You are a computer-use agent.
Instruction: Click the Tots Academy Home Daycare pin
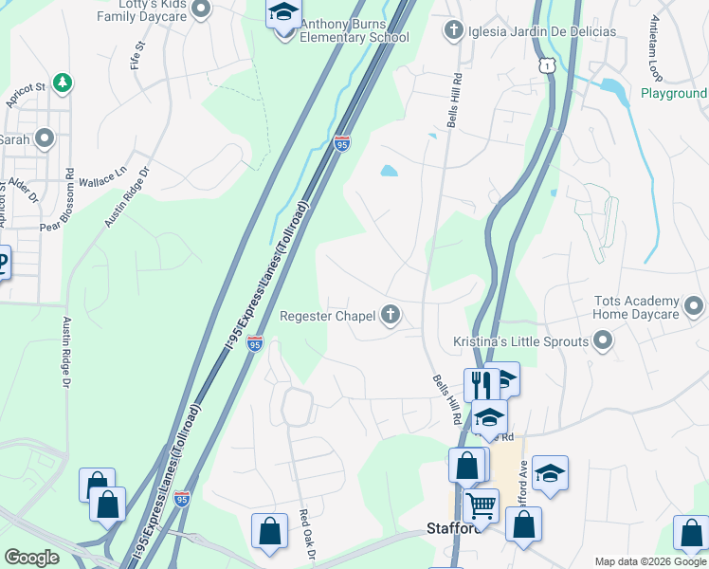[694, 306]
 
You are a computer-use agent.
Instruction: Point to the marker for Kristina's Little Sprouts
[601, 341]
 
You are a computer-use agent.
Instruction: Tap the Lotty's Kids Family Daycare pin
[200, 9]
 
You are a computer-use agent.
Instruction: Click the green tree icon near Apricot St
[63, 83]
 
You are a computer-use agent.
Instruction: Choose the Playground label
[673, 94]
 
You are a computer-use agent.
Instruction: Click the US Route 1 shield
[547, 63]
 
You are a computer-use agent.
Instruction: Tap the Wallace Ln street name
[101, 177]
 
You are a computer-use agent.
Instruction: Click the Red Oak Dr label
[305, 531]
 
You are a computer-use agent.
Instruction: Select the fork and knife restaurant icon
[482, 383]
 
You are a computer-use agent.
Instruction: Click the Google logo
[31, 558]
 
